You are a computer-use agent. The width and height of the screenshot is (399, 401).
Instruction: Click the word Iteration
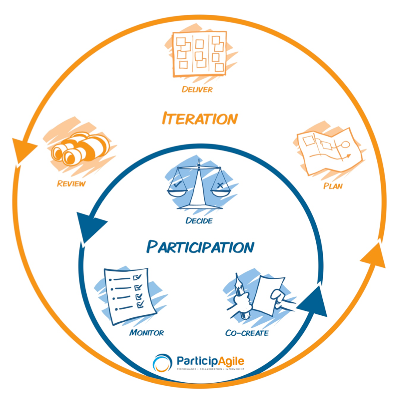(x=200, y=118)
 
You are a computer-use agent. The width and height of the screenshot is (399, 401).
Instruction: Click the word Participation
(x=200, y=247)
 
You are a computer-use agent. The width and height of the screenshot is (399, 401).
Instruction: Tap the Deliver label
(x=197, y=90)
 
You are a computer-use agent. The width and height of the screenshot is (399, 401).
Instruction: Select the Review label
(x=71, y=183)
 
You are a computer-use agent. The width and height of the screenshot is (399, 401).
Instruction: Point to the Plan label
(x=333, y=186)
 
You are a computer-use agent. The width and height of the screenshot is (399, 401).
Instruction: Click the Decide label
(x=199, y=221)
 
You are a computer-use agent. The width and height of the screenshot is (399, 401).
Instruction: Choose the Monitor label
(x=146, y=333)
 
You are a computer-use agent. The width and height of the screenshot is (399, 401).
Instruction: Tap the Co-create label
(x=247, y=334)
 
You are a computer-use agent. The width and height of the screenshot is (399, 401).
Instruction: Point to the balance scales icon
(x=199, y=185)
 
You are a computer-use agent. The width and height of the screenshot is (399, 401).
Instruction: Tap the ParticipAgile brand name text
(x=210, y=361)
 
